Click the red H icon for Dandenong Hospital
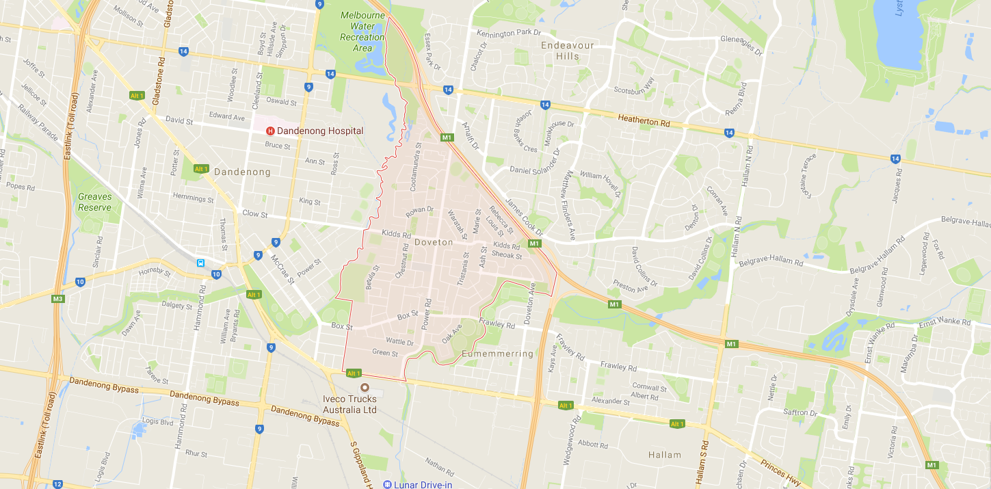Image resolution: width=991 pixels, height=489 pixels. tap(270, 131)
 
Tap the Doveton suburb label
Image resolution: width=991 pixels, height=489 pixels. tap(434, 242)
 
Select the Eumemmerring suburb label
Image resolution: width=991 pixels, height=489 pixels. tap(497, 354)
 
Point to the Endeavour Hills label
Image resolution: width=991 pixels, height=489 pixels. tap(567, 51)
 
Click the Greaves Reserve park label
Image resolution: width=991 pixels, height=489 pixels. tap(94, 202)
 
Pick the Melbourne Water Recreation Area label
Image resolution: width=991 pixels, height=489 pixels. tap(362, 32)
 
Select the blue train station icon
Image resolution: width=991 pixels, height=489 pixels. tap(201, 263)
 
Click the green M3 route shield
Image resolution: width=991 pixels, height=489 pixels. tap(57, 298)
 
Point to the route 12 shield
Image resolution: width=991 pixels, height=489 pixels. tap(57, 484)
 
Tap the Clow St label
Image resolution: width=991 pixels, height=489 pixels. tap(255, 213)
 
